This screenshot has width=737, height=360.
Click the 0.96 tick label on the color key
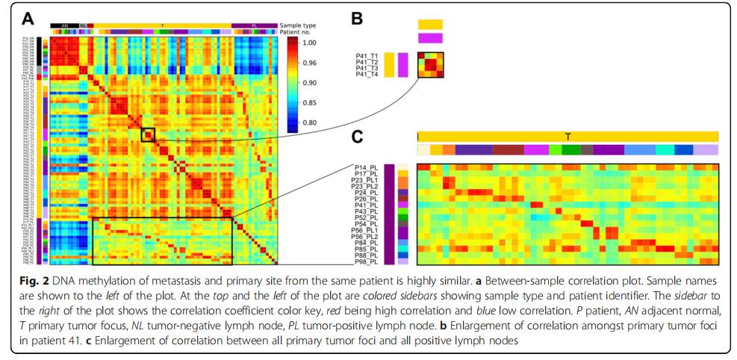pos(308,63)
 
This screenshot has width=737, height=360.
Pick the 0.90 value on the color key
pos(308,83)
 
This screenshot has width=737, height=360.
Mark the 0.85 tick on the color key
pos(308,103)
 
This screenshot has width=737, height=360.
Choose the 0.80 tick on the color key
pos(308,122)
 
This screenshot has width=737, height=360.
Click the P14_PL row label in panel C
pos(371,168)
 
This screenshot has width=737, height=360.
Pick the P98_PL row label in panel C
pos(371,262)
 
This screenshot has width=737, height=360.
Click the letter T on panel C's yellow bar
pos(568,136)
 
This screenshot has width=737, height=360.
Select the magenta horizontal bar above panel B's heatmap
pos(430,38)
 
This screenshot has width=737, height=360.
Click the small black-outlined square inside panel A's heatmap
pos(148,135)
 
